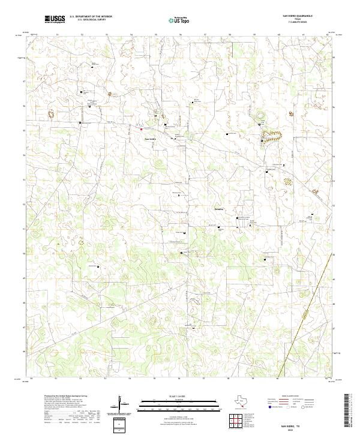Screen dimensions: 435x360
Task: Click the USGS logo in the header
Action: pos(55,19)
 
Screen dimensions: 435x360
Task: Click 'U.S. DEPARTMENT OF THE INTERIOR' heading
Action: pos(91,16)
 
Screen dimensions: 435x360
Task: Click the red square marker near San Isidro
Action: pos(141,128)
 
